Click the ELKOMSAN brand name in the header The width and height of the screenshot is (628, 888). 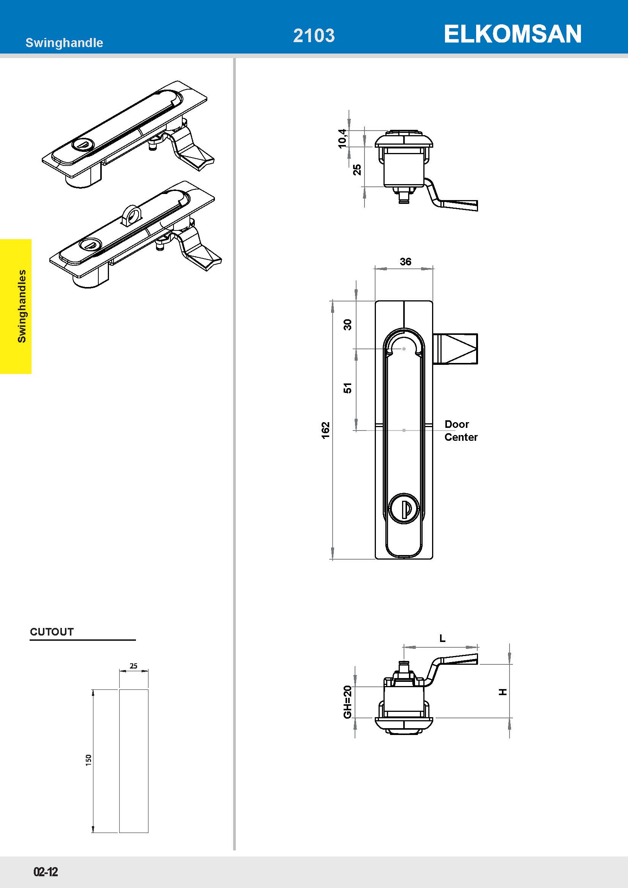(512, 34)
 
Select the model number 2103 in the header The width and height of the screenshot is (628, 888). (314, 36)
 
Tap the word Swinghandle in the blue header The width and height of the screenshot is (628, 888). (64, 43)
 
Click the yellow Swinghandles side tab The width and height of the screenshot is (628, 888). (16, 306)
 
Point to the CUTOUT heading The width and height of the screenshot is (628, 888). (52, 632)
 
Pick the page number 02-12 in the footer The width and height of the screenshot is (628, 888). (46, 871)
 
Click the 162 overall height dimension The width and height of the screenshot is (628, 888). (326, 430)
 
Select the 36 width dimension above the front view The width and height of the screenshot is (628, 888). (405, 262)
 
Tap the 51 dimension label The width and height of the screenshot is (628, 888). (348, 388)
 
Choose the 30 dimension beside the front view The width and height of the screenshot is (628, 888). (348, 325)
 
